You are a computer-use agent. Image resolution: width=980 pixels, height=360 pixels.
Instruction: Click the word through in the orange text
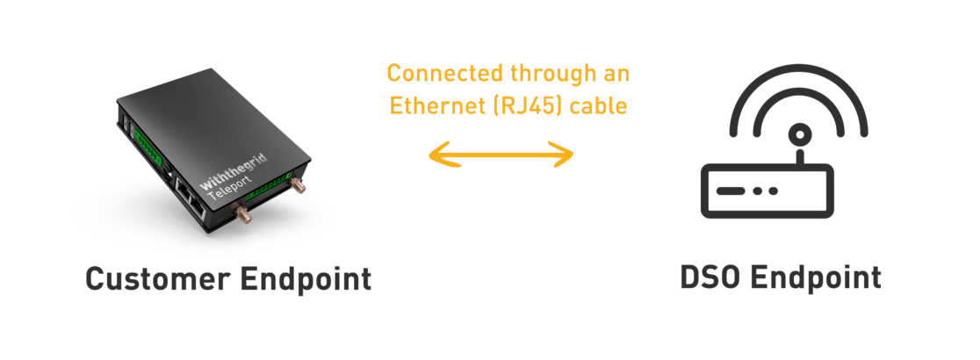(547, 72)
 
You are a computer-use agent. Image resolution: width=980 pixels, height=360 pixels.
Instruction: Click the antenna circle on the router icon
(798, 134)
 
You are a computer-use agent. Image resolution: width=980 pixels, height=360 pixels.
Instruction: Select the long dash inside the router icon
(731, 191)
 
